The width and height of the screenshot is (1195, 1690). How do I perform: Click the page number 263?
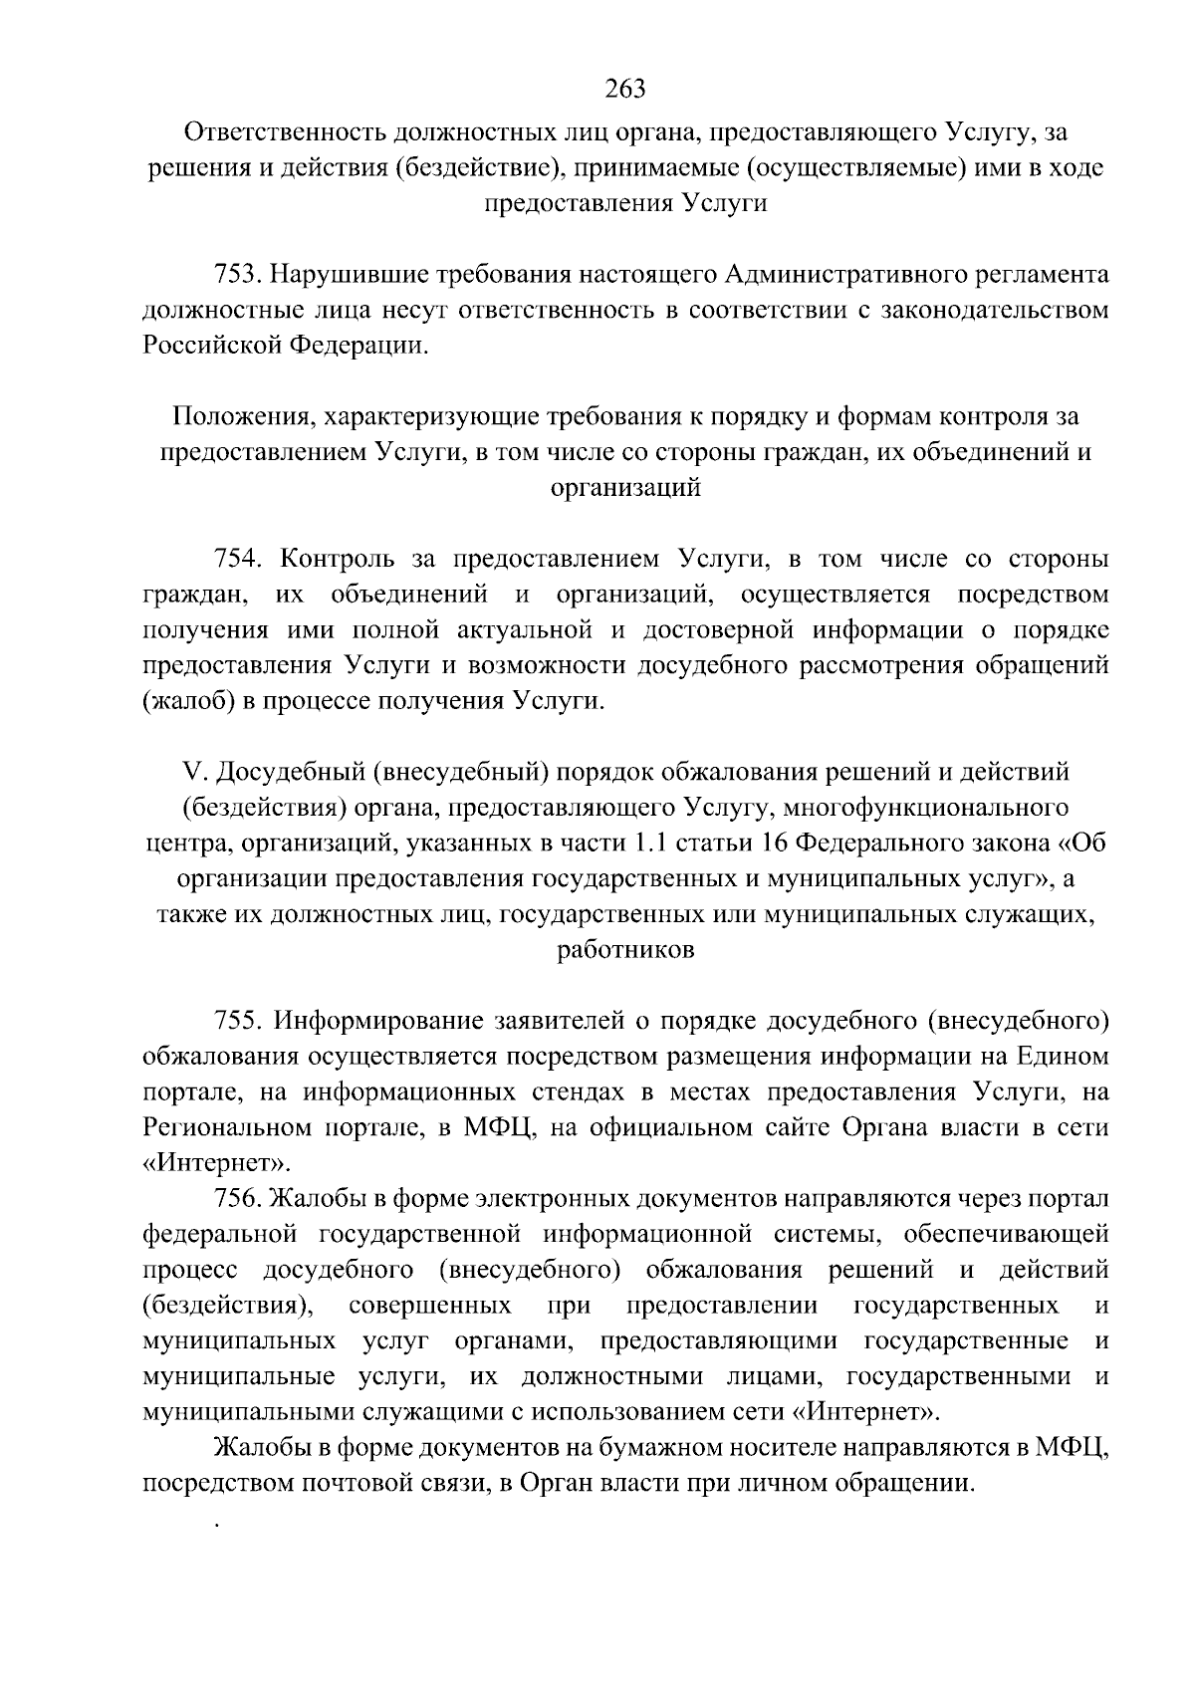625,90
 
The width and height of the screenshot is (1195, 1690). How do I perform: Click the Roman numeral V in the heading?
192,772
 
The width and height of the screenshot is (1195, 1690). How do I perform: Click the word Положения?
242,416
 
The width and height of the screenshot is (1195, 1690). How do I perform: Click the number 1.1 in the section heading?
649,844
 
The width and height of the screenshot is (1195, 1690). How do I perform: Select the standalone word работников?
625,950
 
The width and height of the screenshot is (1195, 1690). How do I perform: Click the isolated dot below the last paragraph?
216,1524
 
